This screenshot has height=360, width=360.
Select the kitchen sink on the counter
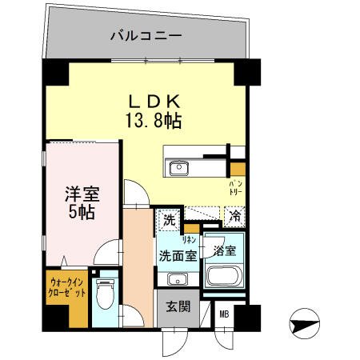(178, 168)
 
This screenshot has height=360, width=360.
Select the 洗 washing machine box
(169, 218)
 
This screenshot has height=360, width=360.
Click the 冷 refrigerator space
(235, 215)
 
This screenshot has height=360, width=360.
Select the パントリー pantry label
(238, 189)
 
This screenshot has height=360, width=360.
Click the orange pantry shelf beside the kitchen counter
(237, 169)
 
